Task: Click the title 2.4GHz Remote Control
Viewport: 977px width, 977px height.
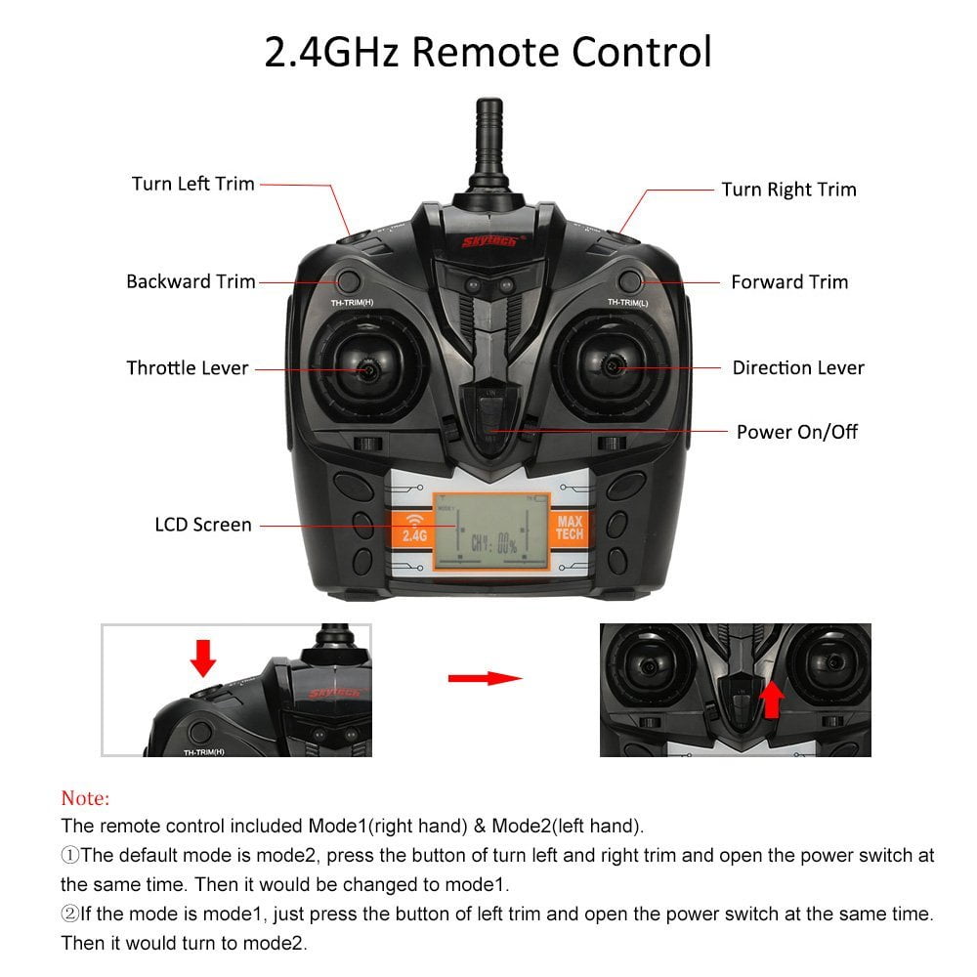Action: point(488,52)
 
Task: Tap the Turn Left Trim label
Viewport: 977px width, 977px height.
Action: point(192,184)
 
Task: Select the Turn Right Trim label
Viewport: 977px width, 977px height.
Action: point(788,190)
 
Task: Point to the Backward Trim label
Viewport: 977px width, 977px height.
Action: point(191,281)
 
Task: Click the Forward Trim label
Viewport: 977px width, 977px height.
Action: point(789,282)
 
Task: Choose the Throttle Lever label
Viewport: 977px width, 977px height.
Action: point(188,368)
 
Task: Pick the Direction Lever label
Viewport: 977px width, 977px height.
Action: point(798,368)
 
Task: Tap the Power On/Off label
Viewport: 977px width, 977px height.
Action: point(797,432)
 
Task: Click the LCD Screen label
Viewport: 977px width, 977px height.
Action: point(203,525)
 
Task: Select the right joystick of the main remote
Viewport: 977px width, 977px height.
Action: point(613,367)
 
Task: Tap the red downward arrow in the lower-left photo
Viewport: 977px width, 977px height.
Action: point(203,658)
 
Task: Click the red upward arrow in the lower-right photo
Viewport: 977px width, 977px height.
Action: point(772,699)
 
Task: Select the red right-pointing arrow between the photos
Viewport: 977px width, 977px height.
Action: point(484,677)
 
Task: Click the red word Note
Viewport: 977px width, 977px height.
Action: point(85,797)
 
